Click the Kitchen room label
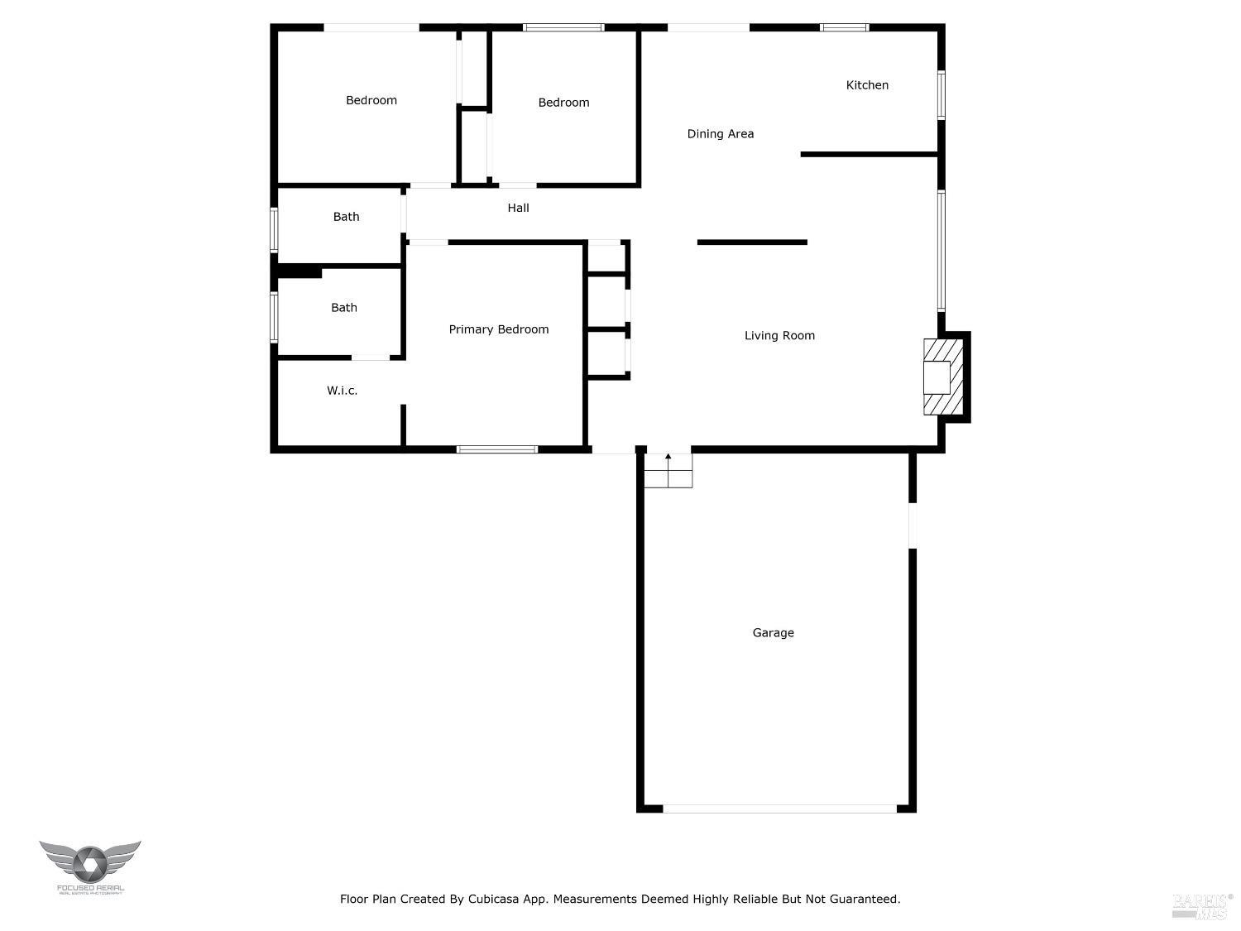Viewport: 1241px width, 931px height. tap(867, 85)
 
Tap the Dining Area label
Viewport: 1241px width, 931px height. tap(720, 134)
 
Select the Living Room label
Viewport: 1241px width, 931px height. tap(779, 335)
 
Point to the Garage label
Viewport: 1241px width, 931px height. tap(773, 633)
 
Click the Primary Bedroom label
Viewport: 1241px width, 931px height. tap(498, 329)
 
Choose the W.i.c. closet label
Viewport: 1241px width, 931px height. tap(342, 391)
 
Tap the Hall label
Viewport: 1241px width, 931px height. tap(518, 208)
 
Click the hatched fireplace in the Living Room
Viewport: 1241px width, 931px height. tap(942, 377)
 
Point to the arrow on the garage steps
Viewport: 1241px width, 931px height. tap(668, 458)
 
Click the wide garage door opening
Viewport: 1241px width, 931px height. tap(779, 809)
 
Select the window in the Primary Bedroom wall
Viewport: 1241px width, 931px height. tap(496, 449)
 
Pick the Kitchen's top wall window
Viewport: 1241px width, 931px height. tap(844, 28)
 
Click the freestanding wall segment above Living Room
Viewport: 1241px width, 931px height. tap(751, 242)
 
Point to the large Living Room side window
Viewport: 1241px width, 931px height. tap(941, 251)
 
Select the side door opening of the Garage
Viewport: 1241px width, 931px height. tap(913, 525)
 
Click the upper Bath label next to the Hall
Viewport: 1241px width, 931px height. tap(346, 217)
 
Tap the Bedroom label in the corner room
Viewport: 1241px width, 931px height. tap(371, 100)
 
